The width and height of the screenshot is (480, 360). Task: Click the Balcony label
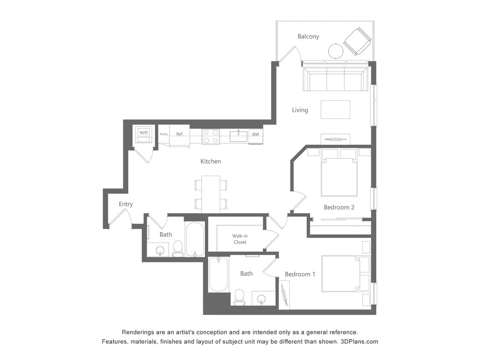(308, 37)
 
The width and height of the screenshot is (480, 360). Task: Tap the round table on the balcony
(336, 51)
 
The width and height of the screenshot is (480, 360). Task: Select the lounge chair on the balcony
(358, 41)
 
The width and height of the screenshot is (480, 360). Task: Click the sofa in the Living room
(335, 79)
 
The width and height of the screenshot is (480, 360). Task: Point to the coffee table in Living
(335, 110)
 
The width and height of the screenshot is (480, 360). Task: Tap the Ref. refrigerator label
(180, 134)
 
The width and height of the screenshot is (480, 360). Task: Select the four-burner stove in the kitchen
(210, 136)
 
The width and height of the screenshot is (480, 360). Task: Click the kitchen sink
(239, 136)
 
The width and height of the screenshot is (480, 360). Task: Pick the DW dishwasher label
(256, 135)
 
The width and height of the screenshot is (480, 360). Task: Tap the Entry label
(125, 204)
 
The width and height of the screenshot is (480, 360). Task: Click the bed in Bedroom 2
(339, 177)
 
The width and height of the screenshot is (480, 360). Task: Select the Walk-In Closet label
(240, 239)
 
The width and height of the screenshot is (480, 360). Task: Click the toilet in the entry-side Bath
(177, 249)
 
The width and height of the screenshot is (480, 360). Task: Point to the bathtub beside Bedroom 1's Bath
(218, 274)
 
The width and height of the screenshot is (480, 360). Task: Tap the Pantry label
(164, 134)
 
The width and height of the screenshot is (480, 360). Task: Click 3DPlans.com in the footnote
(359, 342)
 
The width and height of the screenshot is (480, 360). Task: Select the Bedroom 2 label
(339, 207)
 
